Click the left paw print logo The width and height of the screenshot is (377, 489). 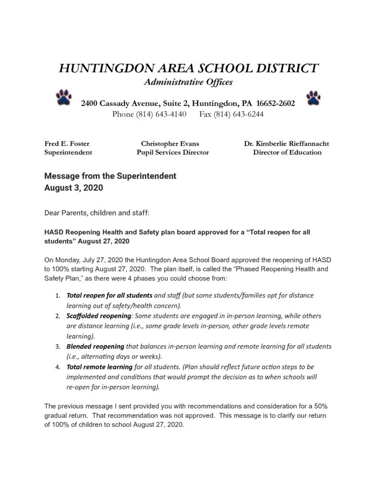63,97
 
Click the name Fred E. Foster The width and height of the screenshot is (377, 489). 67,143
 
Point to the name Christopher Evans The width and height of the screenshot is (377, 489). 170,143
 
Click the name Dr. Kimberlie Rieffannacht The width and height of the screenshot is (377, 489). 286,143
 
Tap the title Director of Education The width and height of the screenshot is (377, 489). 287,153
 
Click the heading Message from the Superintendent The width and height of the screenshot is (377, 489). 110,176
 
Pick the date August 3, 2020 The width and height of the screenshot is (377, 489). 73,188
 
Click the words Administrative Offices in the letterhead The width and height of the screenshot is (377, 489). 188,83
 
